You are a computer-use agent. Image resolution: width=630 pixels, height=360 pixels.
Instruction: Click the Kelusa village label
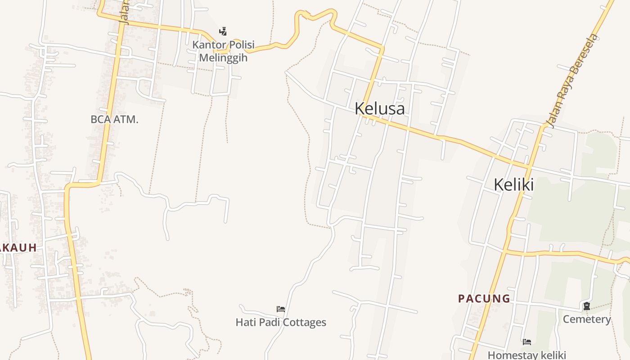pos(379,108)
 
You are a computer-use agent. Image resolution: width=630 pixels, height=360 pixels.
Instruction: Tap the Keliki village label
pos(513,184)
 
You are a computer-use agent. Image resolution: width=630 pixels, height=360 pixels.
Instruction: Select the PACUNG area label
pos(484,298)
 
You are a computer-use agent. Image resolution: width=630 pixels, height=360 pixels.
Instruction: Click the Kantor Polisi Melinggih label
pos(223,51)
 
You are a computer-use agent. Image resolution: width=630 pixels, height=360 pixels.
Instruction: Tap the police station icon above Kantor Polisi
pos(223,31)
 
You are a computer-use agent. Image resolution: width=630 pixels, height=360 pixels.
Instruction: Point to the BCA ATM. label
pos(114,119)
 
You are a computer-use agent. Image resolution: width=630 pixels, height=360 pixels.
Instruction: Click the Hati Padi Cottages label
pos(281,322)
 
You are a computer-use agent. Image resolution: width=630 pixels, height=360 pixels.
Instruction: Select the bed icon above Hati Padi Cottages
pos(281,309)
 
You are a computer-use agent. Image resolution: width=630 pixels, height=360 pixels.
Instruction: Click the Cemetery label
pos(587,319)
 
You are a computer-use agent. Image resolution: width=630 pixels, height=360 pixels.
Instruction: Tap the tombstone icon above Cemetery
pos(587,306)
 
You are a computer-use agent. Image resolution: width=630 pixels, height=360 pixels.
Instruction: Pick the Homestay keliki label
pos(526,355)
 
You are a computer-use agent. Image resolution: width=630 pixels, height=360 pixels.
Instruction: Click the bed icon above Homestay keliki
pos(527,342)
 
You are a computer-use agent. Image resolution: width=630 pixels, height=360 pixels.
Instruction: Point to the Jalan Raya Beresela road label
pos(572,79)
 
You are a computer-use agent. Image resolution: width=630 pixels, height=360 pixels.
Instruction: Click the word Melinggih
pos(223,58)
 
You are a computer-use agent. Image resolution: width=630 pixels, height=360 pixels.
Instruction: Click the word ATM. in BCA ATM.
pos(126,119)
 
